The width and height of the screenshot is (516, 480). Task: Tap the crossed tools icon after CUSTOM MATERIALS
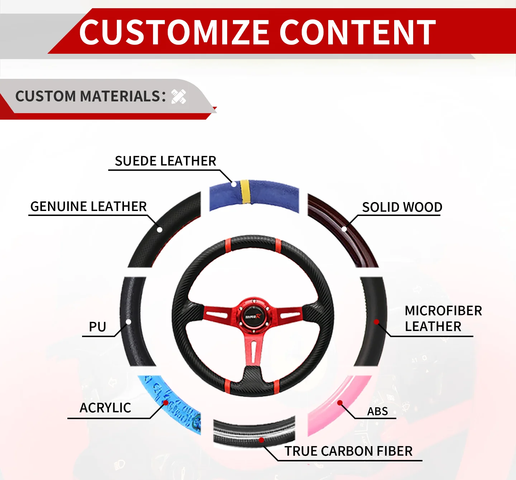click(178, 97)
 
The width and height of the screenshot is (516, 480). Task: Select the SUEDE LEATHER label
click(165, 161)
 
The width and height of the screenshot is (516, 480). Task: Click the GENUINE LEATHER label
click(89, 207)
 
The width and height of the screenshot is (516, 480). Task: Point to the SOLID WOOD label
click(402, 207)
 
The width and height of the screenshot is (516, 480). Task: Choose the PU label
click(97, 327)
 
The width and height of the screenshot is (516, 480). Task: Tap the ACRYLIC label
click(105, 408)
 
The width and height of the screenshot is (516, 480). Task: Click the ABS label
click(377, 412)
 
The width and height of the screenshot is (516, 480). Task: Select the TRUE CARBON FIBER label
click(348, 451)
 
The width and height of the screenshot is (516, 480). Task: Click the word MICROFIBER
click(443, 311)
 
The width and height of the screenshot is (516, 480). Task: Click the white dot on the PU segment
click(128, 322)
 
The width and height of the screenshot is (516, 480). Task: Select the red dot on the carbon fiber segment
click(262, 440)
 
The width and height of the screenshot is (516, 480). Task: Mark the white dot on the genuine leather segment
click(160, 230)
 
